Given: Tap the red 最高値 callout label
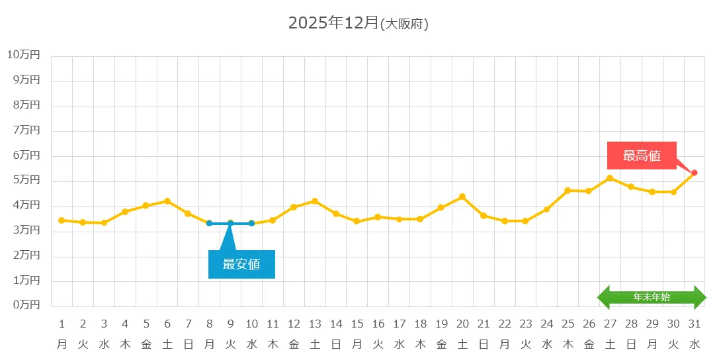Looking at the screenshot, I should (642, 156).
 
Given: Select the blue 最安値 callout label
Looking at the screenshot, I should (241, 264).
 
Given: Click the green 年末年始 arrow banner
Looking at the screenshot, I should (652, 297).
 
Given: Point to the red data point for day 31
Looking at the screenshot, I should (694, 173).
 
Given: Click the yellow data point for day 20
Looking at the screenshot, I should (462, 197).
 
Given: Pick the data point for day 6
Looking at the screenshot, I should (167, 201).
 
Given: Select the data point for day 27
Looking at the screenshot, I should (610, 178).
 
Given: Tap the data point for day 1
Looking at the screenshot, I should (62, 220).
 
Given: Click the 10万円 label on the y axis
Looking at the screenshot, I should (24, 55).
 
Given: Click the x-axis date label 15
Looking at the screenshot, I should (357, 324).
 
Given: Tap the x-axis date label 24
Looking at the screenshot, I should (546, 324).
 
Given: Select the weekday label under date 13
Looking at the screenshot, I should (315, 344).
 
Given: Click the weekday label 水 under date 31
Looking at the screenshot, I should (694, 344).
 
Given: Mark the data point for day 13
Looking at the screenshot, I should (315, 201).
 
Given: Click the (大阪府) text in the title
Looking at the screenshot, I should (405, 24).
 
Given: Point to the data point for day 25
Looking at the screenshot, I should (568, 191).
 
